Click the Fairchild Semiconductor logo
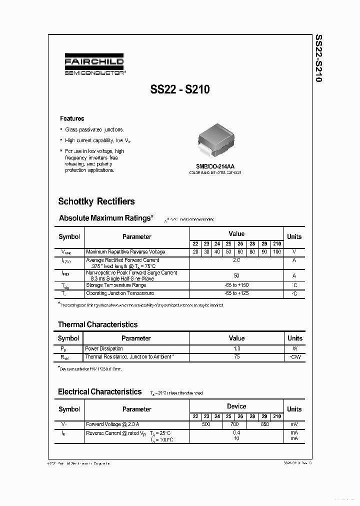click(95, 66)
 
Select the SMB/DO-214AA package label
click(215, 166)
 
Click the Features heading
click(72, 118)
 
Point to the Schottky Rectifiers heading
click(96, 201)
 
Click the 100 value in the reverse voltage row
click(277, 251)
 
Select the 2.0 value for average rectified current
click(236, 260)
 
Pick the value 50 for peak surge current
click(236, 276)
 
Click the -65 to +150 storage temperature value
click(236, 285)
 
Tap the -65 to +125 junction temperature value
click(236, 293)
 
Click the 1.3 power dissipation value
click(236, 348)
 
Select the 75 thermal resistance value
click(236, 357)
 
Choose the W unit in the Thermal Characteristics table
click(294, 348)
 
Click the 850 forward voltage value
click(264, 424)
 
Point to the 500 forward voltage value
click(205, 424)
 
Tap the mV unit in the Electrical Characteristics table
click(294, 424)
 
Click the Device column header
click(236, 406)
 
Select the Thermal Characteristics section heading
click(97, 324)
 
